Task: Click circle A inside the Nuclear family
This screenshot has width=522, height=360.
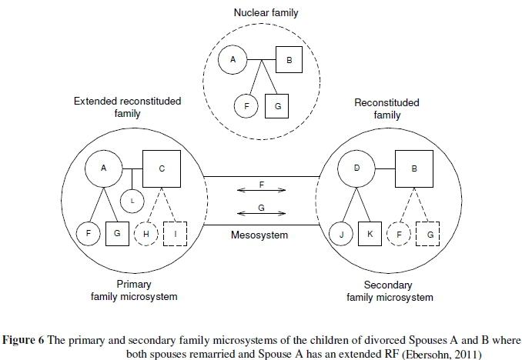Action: click(x=233, y=58)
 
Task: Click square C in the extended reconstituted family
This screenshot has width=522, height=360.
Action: click(x=161, y=168)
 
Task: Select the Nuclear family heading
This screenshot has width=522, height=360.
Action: click(x=260, y=13)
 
